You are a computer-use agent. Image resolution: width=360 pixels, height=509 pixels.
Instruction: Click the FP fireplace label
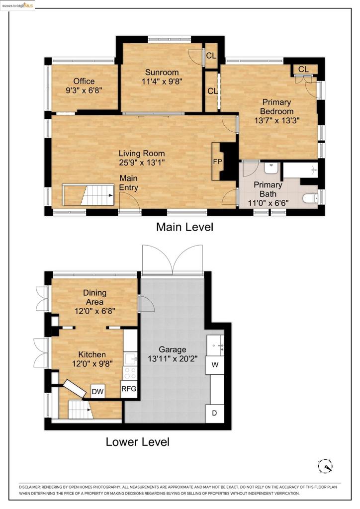coord(217,162)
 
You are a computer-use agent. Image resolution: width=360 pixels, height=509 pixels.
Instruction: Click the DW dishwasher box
coord(98,392)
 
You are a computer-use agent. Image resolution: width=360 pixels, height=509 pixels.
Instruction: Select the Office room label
coord(84,81)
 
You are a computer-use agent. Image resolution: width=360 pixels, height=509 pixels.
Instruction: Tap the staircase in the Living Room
coord(89,195)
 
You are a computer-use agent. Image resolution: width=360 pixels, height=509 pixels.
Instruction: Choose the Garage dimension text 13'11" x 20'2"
coord(173,358)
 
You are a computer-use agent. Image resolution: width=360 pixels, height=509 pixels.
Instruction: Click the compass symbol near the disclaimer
coord(325,466)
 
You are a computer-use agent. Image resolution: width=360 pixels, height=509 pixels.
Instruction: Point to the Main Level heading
coord(184,227)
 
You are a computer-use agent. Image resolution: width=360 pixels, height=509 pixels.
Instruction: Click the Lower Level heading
coord(137,441)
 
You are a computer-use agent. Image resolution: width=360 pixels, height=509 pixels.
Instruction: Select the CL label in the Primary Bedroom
coord(304,69)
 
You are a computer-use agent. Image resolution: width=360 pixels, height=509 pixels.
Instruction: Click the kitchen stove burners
coord(130,373)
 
